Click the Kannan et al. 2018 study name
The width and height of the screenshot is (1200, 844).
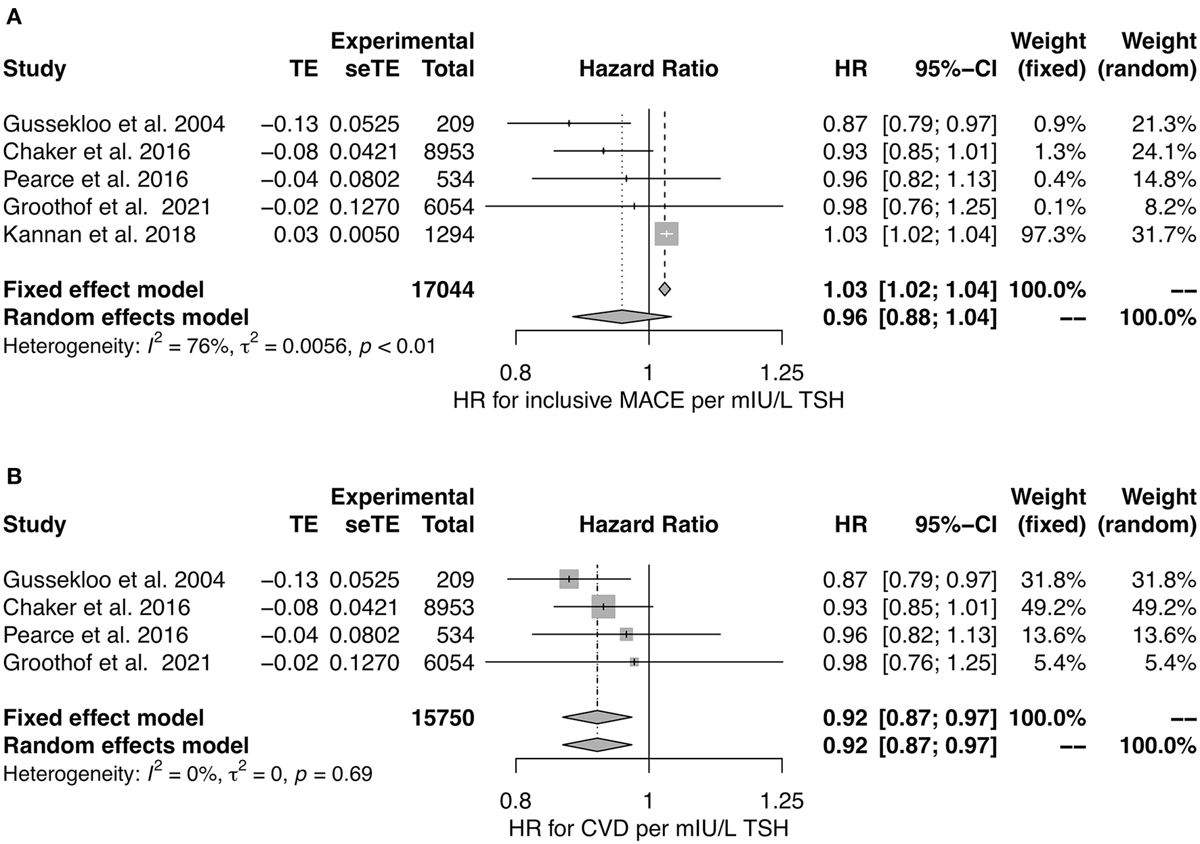tap(100, 234)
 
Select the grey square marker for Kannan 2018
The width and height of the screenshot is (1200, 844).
tap(666, 234)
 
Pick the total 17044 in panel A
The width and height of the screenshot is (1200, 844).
tap(443, 290)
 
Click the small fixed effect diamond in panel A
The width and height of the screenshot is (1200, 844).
tap(665, 289)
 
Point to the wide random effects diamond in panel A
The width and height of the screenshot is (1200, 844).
tap(622, 316)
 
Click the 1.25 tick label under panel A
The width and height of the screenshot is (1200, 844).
tap(781, 373)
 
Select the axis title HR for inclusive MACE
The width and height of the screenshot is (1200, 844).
tap(648, 400)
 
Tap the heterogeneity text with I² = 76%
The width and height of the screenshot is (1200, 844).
tap(219, 346)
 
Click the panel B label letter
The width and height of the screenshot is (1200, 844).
tap(13, 476)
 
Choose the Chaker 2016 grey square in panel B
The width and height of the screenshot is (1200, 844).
tap(603, 607)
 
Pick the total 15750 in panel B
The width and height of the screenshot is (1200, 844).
tap(443, 718)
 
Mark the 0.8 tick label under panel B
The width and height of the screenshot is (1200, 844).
tap(515, 801)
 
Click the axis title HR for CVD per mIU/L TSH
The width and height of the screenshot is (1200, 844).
tap(648, 828)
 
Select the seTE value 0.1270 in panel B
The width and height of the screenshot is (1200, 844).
tap(364, 662)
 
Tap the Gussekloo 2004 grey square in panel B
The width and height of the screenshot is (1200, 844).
tap(569, 579)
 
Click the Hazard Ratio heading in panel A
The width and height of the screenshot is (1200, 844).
tap(648, 69)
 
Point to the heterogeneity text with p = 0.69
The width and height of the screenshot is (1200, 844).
tap(188, 774)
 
